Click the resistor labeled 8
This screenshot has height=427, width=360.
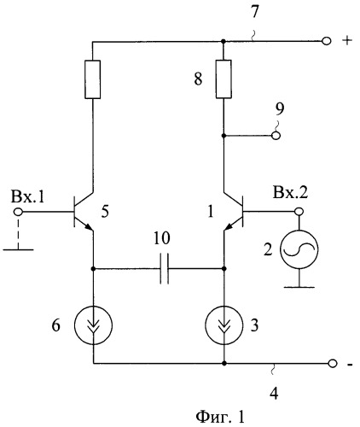point(224,79)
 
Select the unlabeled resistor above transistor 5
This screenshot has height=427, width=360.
point(93,79)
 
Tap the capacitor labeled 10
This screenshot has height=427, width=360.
point(165,268)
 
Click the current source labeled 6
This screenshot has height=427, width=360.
point(93,325)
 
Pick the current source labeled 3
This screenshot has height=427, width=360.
point(224,325)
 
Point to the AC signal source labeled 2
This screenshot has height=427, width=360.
point(299,249)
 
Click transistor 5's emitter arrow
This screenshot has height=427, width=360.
point(88,226)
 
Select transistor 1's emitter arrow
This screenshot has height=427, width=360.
point(229,226)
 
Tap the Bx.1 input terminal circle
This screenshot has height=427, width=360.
point(19,212)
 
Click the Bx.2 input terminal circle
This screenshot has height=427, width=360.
point(299,212)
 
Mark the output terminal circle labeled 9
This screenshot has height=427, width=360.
point(276,136)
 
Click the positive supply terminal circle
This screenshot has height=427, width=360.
point(327,41)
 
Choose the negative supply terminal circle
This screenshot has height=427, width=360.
point(333,364)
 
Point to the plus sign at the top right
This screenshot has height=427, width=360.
point(347,41)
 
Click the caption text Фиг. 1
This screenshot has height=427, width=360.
point(220,417)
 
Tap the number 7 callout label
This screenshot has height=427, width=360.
point(254,12)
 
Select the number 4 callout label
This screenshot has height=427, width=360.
point(274,394)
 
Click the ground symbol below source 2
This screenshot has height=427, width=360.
point(299,287)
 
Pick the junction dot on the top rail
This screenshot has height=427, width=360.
point(224,42)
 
